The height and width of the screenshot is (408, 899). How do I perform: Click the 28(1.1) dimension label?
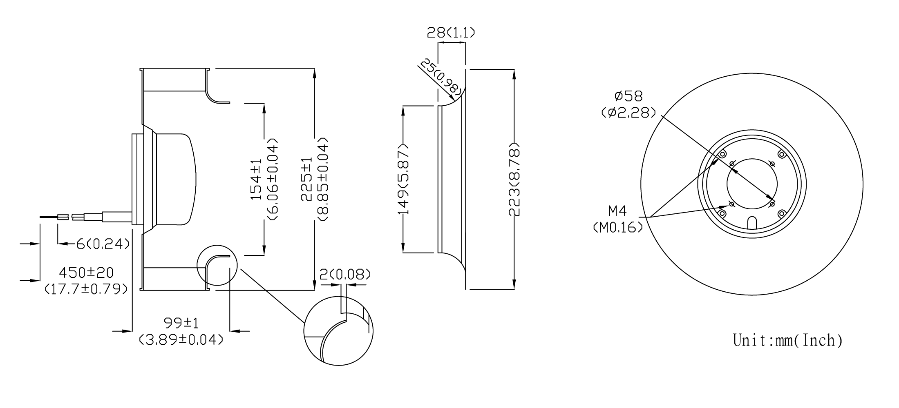point(451,32)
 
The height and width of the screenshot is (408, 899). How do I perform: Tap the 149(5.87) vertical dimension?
point(403,180)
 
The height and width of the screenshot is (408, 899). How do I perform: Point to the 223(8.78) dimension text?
point(514,179)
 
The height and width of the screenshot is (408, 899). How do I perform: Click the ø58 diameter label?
point(628,96)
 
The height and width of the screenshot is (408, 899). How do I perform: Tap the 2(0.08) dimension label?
point(345,274)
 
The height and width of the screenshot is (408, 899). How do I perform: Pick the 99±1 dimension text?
point(181,323)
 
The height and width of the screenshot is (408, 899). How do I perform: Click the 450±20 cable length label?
point(86,272)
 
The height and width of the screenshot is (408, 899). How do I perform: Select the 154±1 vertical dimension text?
point(256,180)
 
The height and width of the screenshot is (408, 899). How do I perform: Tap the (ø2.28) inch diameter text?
point(628,113)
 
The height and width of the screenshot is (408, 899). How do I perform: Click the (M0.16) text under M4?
point(617,227)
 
